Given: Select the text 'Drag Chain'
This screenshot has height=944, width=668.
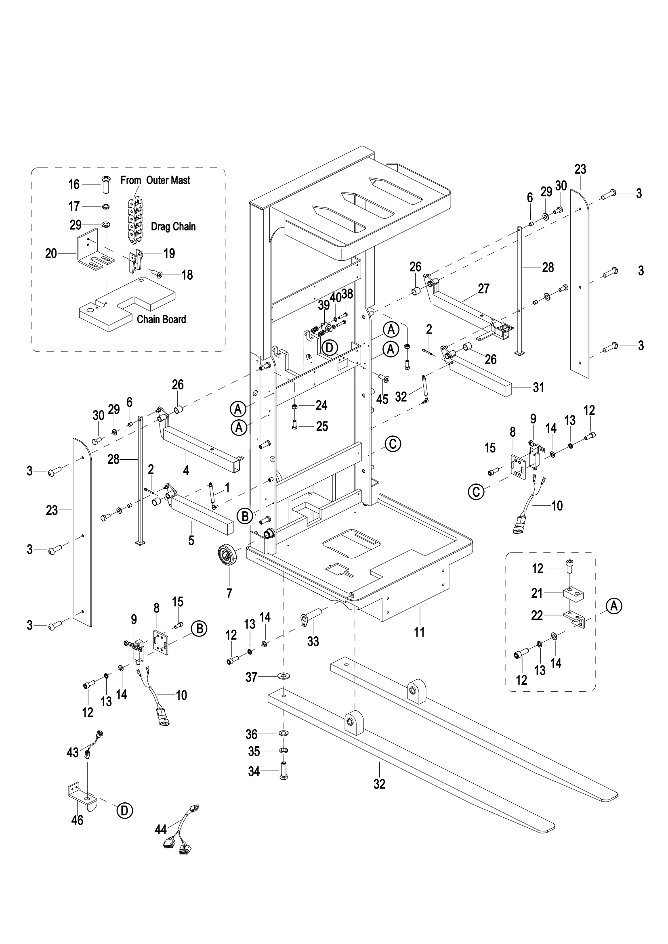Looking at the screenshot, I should (x=173, y=226).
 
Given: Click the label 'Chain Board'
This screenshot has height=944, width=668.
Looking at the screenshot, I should (x=161, y=320).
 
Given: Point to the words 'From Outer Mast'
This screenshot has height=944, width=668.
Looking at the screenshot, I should (x=155, y=180).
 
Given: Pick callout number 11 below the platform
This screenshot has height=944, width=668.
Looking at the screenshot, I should (x=419, y=632).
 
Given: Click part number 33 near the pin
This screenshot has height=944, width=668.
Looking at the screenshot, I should (x=313, y=641).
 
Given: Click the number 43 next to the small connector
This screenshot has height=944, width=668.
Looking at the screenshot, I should (x=73, y=752).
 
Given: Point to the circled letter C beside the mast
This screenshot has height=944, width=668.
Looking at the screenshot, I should (x=393, y=444).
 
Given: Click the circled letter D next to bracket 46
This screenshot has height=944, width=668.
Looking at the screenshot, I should (x=125, y=810).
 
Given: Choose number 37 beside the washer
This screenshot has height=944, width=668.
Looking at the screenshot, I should (x=251, y=677).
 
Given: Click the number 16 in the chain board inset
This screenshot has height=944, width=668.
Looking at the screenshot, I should (x=74, y=184).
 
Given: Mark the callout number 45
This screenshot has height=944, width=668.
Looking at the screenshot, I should (x=382, y=399).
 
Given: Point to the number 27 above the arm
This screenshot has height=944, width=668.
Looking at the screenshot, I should (x=484, y=289).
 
